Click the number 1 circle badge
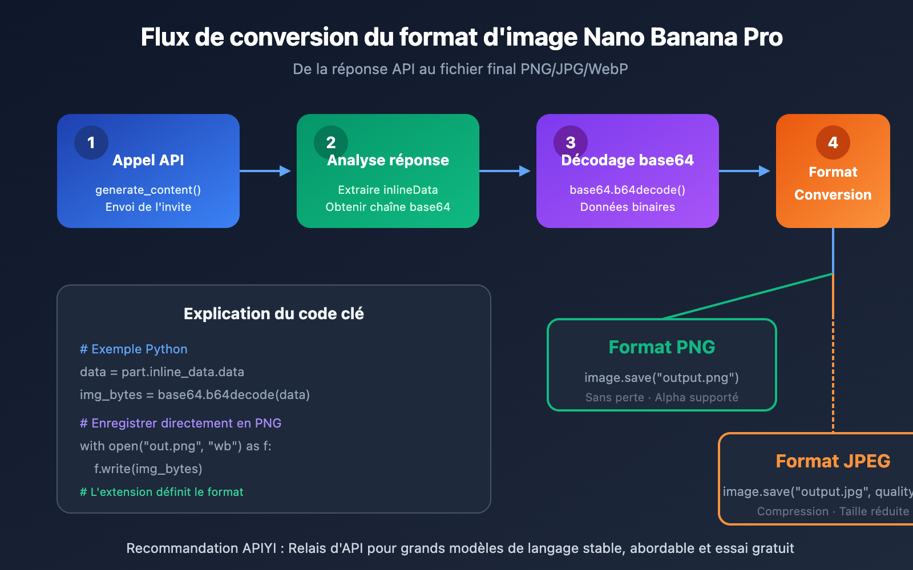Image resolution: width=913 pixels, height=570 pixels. tap(91, 142)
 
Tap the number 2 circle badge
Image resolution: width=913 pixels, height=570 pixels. tap(331, 142)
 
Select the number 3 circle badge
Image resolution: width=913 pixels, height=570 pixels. tap(571, 142)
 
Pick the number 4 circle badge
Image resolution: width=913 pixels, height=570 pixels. tap(833, 142)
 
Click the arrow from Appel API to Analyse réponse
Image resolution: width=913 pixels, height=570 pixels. tap(266, 171)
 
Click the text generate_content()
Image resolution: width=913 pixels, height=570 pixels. tap(148, 190)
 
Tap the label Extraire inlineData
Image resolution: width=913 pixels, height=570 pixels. tap(388, 190)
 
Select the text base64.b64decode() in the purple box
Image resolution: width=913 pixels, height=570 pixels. tap(628, 190)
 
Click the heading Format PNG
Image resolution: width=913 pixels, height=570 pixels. tap(662, 347)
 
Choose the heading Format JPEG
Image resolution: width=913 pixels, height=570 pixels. tap(833, 461)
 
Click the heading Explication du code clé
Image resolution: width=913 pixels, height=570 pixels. tap(274, 314)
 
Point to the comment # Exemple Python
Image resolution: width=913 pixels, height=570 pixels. tap(134, 349)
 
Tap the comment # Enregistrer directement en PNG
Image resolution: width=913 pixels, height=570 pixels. tap(180, 424)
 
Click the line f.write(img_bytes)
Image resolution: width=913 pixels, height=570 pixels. tap(148, 469)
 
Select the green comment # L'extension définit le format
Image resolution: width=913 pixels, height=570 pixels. tap(161, 492)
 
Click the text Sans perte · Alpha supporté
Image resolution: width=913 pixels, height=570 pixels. tap(662, 397)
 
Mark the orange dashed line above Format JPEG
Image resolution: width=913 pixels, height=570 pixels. tap(833, 376)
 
